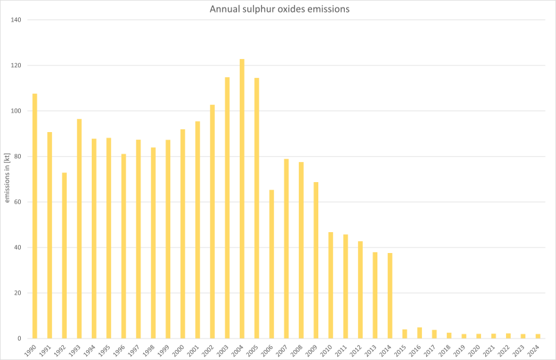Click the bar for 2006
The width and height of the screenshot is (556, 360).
click(271, 264)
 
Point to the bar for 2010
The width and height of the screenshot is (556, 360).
click(331, 285)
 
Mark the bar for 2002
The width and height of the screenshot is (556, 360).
click(212, 222)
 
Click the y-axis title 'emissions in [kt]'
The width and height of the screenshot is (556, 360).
click(7, 179)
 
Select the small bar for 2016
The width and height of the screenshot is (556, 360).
click(419, 333)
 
